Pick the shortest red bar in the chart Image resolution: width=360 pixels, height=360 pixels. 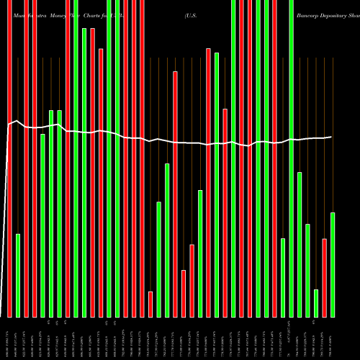pos(150,304)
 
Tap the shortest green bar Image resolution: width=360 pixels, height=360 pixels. pos(316,302)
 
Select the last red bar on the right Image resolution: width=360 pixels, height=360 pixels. pos(324,277)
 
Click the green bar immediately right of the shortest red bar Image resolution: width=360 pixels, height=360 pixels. pos(158,259)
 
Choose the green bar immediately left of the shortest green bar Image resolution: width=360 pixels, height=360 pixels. pos(307,270)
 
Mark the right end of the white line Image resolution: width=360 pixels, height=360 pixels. pos(331,137)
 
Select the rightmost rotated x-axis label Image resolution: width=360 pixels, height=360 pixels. pos(333,339)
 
